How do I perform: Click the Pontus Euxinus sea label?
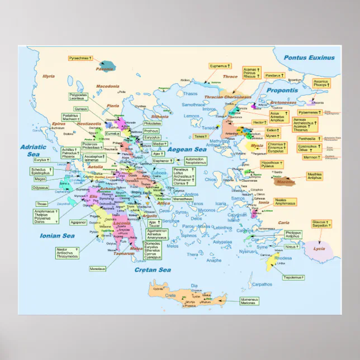click(309, 58)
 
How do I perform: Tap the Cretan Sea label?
click(152, 270)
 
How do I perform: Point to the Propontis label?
click(282, 90)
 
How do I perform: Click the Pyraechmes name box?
click(79, 58)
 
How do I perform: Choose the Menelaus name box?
click(97, 269)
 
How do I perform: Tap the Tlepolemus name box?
click(293, 277)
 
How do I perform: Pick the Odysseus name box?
click(41, 188)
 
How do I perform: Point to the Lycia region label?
click(319, 249)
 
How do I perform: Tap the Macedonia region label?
click(108, 87)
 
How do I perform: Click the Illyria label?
click(49, 75)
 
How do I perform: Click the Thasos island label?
click(191, 94)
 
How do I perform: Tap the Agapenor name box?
click(79, 222)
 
